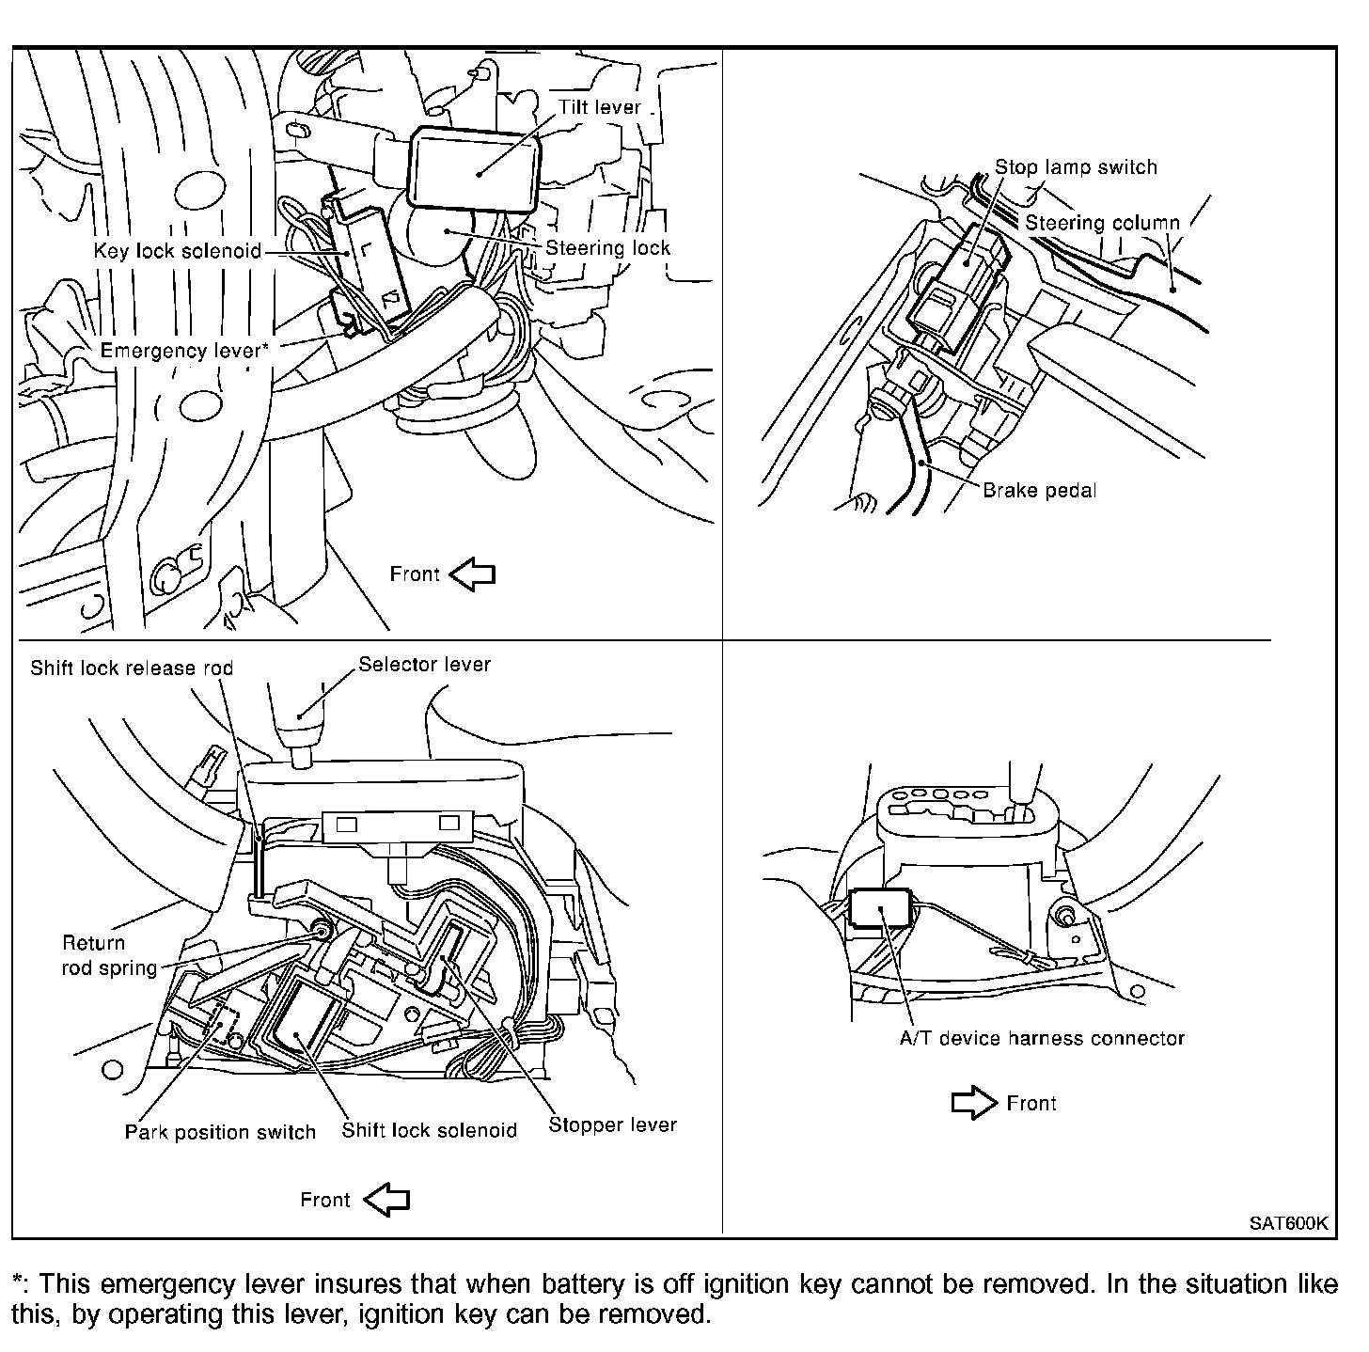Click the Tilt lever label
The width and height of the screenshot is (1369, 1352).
coord(600,107)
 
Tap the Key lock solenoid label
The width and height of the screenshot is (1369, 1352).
coord(177,251)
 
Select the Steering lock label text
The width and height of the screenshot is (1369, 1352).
coord(607,248)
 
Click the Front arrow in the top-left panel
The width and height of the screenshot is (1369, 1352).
coord(472,574)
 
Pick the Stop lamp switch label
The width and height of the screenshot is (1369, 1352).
coord(1077,167)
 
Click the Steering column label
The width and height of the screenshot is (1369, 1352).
coord(1102,223)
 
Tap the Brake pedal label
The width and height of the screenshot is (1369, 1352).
coord(1039,490)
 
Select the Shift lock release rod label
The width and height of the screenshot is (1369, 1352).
coord(132,668)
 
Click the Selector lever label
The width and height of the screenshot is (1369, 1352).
coord(425,665)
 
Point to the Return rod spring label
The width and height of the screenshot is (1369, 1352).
coord(109,955)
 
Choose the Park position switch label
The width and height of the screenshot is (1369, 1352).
coord(220,1132)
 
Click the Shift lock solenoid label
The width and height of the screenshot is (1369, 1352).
coord(429,1130)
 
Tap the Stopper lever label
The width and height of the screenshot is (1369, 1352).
coord(612,1125)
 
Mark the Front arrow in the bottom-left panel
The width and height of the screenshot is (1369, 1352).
coord(386,1200)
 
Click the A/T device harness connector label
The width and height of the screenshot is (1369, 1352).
coord(1042,1039)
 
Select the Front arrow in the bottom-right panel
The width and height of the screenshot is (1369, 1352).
coord(975,1103)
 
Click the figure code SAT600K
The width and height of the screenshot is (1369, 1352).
coord(1288,1223)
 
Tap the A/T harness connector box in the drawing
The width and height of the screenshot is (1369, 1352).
coord(881,907)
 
